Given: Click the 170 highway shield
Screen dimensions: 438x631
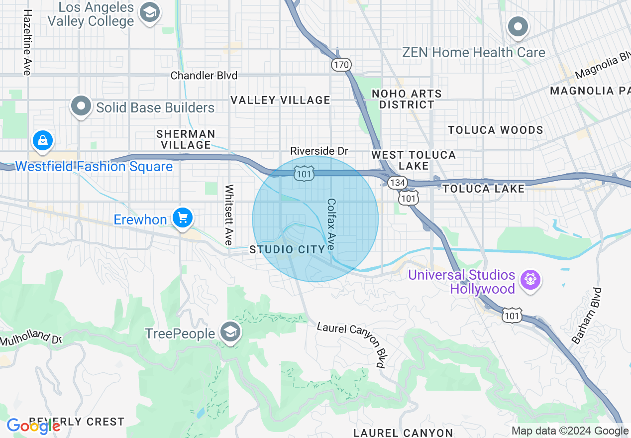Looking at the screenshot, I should coord(341,64).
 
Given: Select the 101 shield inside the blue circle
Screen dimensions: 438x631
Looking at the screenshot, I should coord(303,174).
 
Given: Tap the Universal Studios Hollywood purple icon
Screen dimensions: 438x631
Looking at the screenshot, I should coord(530,280).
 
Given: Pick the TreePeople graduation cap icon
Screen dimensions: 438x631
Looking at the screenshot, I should coord(230,332).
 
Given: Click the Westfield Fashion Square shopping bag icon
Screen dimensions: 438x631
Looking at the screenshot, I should coord(43,141).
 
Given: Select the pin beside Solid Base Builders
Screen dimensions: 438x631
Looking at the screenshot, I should coord(81,106).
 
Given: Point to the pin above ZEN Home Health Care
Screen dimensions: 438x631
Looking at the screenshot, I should coord(518,27).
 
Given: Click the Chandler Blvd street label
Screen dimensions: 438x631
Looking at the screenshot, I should coord(204,76).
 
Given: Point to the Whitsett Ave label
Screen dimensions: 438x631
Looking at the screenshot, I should coord(229,215).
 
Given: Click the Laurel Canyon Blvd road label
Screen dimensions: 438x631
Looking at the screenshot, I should coord(352,344).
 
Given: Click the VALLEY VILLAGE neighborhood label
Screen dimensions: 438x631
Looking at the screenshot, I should coord(280,100).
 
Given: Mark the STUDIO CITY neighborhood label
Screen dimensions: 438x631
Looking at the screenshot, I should coord(287,249).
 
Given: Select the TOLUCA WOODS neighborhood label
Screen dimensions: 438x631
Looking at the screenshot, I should coord(495,130).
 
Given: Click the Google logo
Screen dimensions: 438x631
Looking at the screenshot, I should coord(34,426).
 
